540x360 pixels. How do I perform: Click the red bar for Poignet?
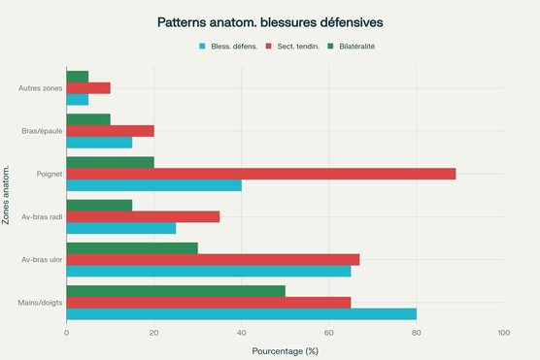[x=260, y=174]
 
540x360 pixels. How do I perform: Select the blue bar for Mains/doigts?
[x=241, y=313]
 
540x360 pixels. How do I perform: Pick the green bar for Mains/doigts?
[x=176, y=291]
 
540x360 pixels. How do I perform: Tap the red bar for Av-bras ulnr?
[x=213, y=259]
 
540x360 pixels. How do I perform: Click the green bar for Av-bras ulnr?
[x=132, y=248]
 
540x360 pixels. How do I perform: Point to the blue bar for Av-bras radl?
[x=121, y=228]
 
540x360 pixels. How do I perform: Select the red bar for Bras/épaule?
[x=110, y=131]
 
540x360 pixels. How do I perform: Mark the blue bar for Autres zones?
[x=78, y=99]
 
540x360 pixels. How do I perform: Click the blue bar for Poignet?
[x=153, y=185]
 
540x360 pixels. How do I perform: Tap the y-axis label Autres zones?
[x=39, y=88]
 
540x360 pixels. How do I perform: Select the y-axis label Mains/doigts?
[x=39, y=302]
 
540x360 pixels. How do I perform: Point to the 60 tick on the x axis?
[x=328, y=333]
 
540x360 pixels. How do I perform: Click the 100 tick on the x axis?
[x=503, y=333]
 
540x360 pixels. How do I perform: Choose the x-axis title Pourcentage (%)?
[x=285, y=350]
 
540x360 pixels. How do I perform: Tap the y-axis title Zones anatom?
[x=7, y=195]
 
